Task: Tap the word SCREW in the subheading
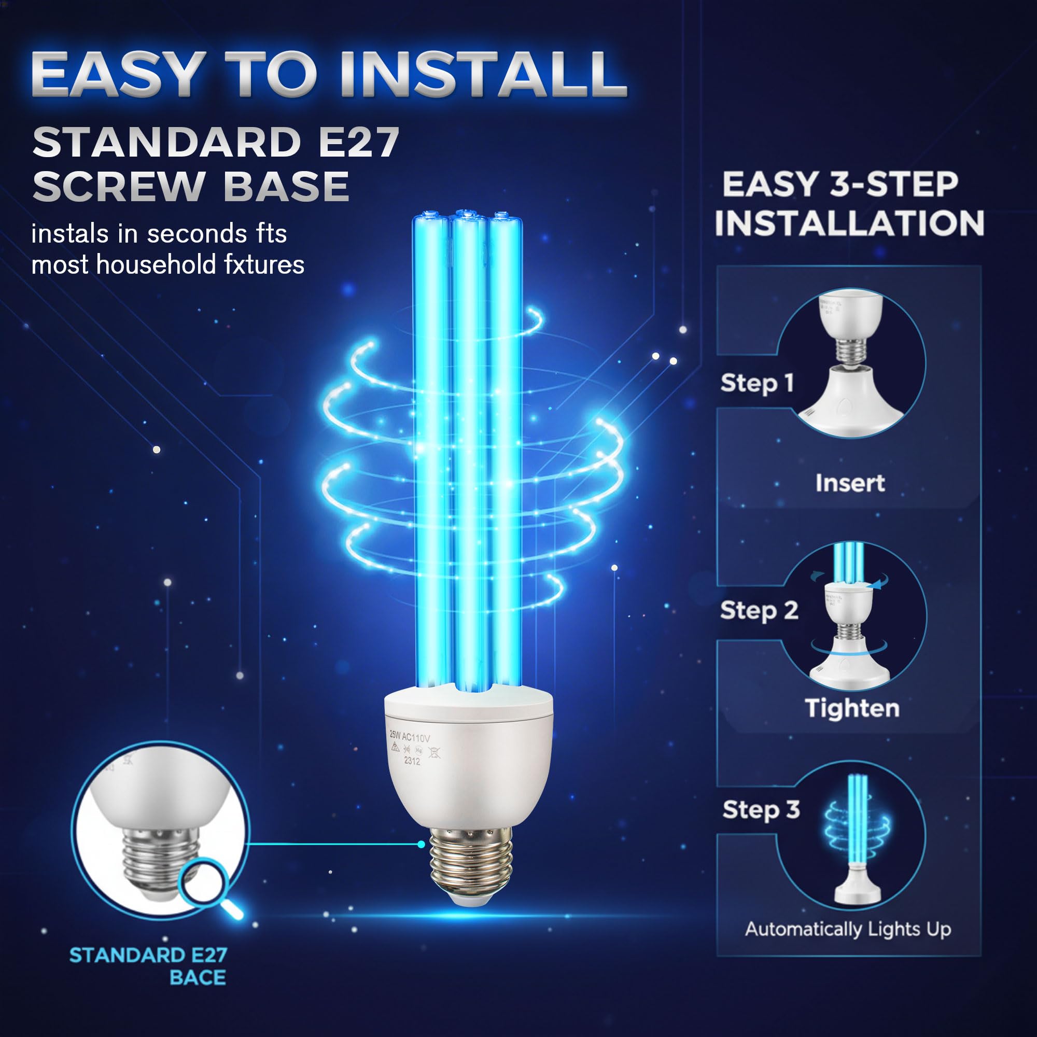click(119, 186)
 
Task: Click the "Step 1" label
click(757, 383)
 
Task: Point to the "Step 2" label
click(759, 611)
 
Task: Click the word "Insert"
click(850, 483)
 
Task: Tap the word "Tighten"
click(852, 708)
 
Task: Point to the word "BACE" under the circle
click(198, 977)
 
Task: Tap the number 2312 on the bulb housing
click(412, 761)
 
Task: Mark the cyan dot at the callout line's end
click(422, 844)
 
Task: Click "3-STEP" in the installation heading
click(894, 184)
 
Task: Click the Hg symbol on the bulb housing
click(419, 750)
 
